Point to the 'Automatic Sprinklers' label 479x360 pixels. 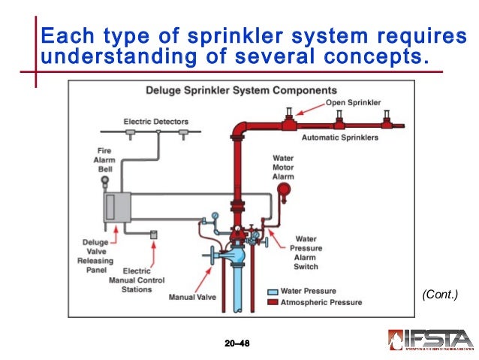click(x=340, y=138)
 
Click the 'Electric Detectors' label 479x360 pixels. click(x=156, y=121)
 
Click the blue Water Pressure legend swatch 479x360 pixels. click(x=273, y=292)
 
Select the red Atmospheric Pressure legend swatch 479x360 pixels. click(x=273, y=302)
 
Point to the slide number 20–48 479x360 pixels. click(x=236, y=343)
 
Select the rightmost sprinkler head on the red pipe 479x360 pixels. click(x=387, y=116)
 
